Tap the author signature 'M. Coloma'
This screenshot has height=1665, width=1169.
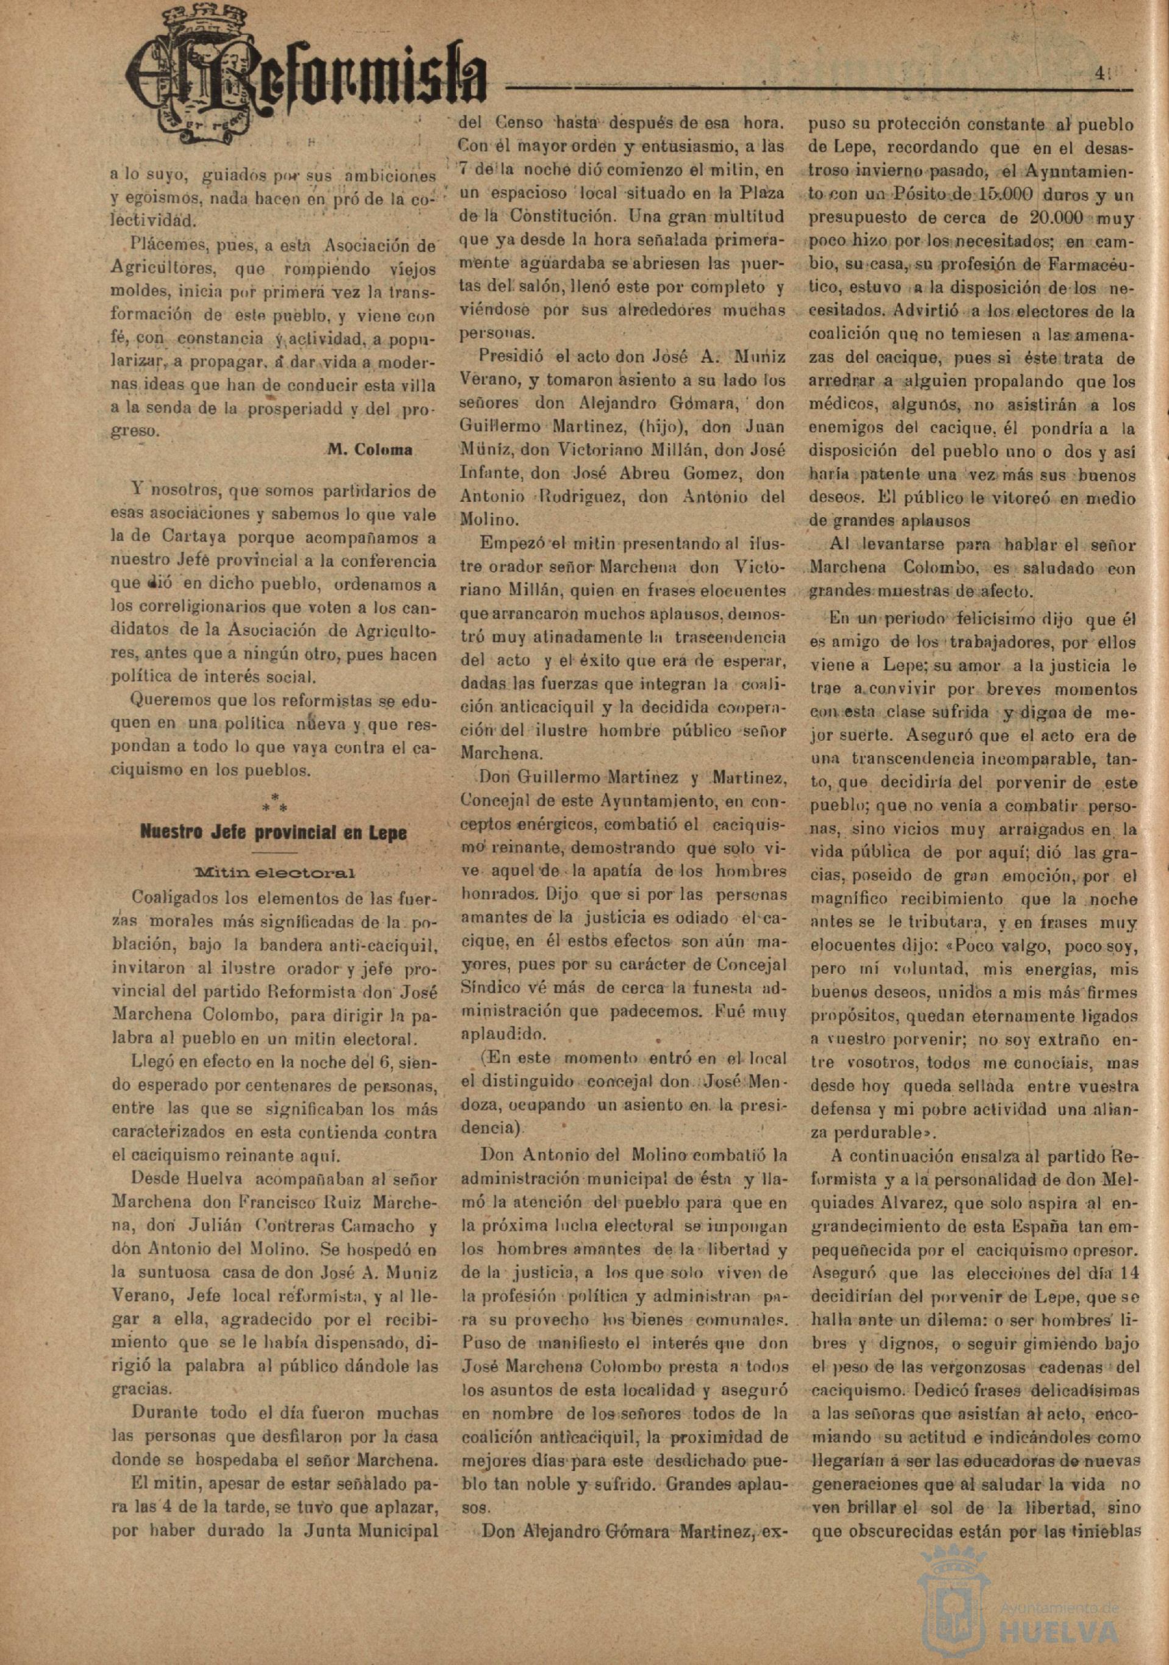tap(370, 449)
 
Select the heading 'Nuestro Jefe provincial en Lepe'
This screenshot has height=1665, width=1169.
tap(274, 833)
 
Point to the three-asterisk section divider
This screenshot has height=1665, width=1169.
tap(274, 803)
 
